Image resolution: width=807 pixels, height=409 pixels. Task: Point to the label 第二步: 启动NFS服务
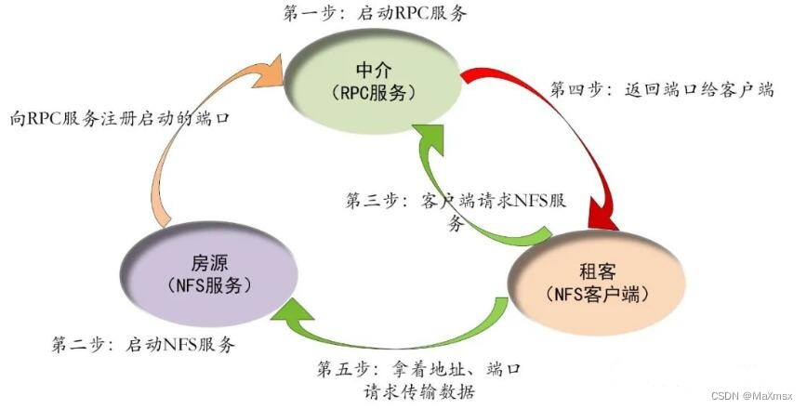tap(143, 344)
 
